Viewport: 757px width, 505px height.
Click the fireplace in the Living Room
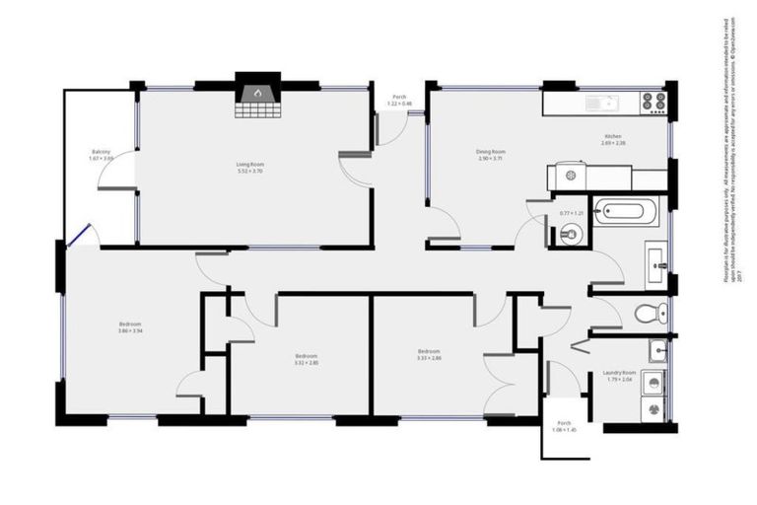coord(256,96)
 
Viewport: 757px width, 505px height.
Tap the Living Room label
coord(249,164)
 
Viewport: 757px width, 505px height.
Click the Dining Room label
coord(490,151)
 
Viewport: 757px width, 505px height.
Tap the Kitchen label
coord(613,136)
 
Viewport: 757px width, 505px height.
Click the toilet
coord(649,314)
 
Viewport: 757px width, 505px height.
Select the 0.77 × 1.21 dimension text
coord(572,214)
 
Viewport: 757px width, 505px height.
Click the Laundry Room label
coord(619,373)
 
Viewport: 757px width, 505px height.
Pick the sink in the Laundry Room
coord(656,349)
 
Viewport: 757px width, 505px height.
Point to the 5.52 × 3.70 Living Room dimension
coord(249,172)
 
